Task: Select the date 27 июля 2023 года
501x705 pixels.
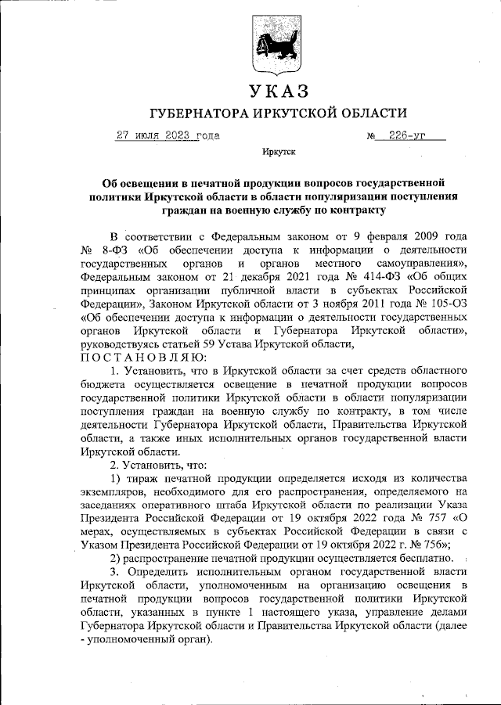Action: [x=168, y=135]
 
